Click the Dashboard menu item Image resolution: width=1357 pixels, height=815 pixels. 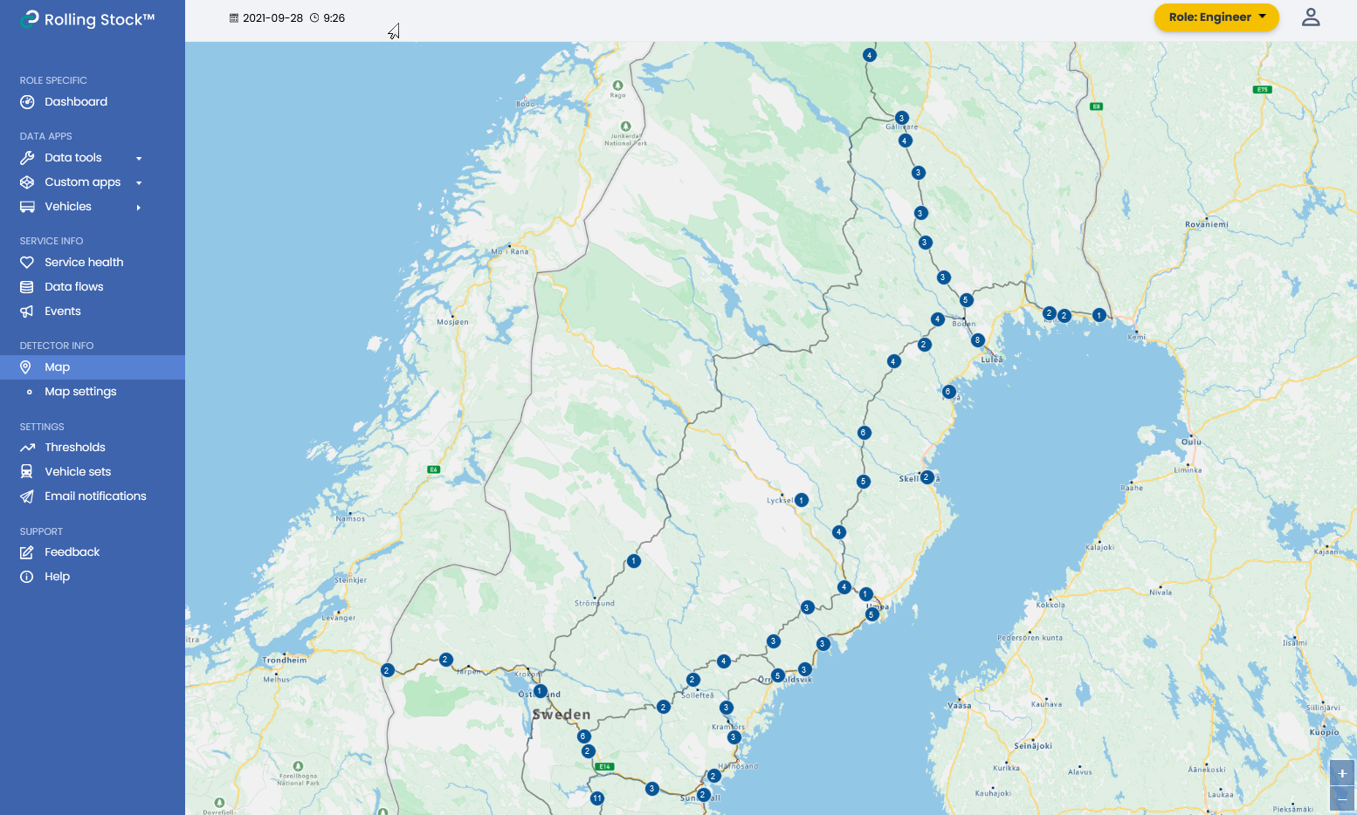pyautogui.click(x=76, y=102)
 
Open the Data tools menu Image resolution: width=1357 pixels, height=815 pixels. pyautogui.click(x=73, y=158)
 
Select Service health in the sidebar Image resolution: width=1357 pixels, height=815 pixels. pyautogui.click(x=84, y=263)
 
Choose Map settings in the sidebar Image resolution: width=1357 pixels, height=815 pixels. pyautogui.click(x=80, y=392)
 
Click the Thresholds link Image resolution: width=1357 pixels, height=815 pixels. pyautogui.click(x=75, y=448)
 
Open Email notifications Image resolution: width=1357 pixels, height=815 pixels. pyautogui.click(x=95, y=497)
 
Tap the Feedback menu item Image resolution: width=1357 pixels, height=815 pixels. pyautogui.click(x=72, y=552)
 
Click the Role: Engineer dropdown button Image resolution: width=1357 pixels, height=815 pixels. pyautogui.click(x=1216, y=17)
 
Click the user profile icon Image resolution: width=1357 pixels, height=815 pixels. pyautogui.click(x=1310, y=17)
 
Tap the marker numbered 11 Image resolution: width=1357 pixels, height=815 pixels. pyautogui.click(x=597, y=798)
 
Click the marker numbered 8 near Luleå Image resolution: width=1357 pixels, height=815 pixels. pyautogui.click(x=978, y=340)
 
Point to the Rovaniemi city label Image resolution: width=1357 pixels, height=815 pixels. pyautogui.click(x=1206, y=225)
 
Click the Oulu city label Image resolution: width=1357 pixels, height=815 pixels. pyautogui.click(x=1191, y=442)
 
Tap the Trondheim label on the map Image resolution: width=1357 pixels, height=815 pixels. pyautogui.click(x=285, y=661)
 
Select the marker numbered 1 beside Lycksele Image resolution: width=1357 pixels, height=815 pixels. pyautogui.click(x=801, y=500)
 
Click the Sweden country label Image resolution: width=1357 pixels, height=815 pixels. pyautogui.click(x=561, y=715)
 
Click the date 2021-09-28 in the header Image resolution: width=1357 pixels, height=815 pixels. pyautogui.click(x=272, y=18)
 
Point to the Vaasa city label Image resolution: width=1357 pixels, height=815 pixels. pyautogui.click(x=960, y=706)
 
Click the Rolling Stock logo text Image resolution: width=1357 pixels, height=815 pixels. pyautogui.click(x=99, y=19)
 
